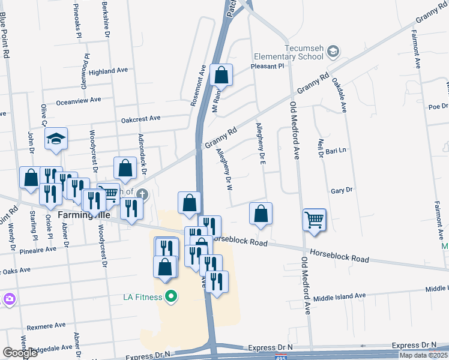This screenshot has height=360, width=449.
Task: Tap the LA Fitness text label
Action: tap(143, 296)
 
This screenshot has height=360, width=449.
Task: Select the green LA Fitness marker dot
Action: tap(171, 296)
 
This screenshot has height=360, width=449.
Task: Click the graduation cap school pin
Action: tap(56, 139)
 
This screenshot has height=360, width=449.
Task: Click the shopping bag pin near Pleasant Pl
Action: tap(221, 76)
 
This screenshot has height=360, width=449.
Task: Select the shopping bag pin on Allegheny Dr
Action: tap(261, 214)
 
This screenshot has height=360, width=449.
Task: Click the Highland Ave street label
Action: tap(108, 71)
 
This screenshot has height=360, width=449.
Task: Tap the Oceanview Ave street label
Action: tap(78, 101)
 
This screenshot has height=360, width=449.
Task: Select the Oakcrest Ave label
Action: tap(141, 119)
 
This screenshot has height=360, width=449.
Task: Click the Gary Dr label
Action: tap(341, 190)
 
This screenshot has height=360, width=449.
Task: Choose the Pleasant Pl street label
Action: tap(267, 67)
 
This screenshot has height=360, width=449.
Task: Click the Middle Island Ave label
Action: tap(340, 296)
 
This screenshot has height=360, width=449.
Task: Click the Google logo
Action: tap(20, 352)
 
